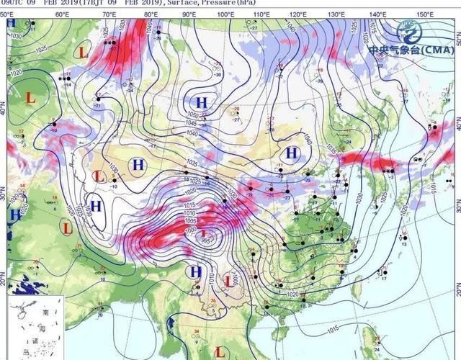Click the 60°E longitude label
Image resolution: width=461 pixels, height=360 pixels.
click(62, 14)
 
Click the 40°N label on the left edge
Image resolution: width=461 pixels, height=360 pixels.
click(4, 111)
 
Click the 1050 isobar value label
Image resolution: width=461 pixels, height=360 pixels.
click(192, 116)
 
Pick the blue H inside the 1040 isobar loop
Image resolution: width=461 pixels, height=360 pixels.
click(292, 153)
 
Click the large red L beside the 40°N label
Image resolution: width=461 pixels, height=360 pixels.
click(30, 96)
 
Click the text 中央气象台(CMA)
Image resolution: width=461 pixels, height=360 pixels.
click(411, 50)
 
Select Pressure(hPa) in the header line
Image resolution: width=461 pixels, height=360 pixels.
click(230, 4)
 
